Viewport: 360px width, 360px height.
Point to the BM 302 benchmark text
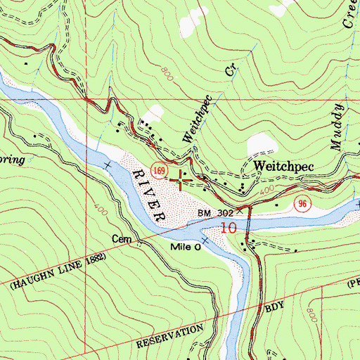click(214, 211)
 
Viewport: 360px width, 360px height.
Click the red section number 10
click(228, 228)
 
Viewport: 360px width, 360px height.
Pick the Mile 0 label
click(186, 248)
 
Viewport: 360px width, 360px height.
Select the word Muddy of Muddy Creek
click(338, 127)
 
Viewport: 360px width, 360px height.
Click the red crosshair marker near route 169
click(181, 181)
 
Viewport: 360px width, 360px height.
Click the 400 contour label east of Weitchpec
click(267, 191)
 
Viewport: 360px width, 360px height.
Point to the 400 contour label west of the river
click(97, 211)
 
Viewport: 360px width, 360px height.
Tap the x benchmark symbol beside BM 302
click(239, 210)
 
